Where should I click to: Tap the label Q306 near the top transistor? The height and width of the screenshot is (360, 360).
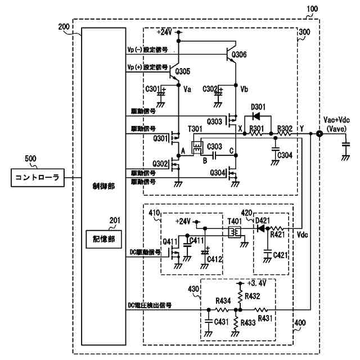click(238, 55)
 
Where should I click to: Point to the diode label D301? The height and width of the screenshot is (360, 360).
click(259, 107)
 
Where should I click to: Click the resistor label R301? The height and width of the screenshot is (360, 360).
click(256, 129)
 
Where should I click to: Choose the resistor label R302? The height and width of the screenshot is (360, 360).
click(285, 129)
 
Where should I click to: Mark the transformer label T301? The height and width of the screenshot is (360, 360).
click(195, 129)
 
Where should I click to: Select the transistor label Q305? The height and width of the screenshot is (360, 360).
click(182, 71)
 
